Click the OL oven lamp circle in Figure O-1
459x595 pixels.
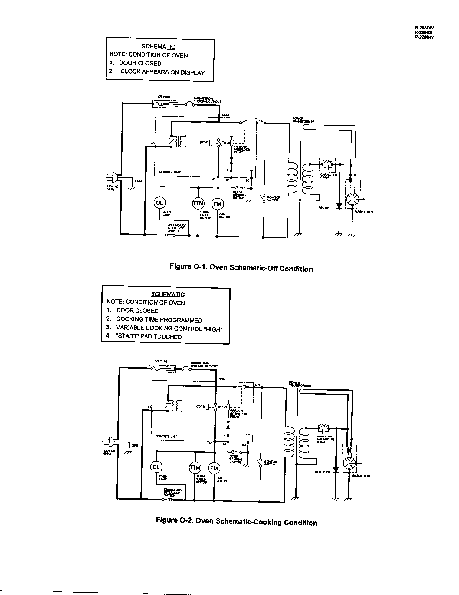point(159,203)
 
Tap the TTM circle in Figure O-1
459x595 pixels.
point(198,203)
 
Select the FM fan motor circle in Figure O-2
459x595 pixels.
point(214,468)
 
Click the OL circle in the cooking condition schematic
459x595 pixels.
point(156,467)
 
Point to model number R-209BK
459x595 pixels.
point(424,32)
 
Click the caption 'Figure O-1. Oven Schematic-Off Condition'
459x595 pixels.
point(241,267)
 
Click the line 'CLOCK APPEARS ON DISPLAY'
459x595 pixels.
point(162,72)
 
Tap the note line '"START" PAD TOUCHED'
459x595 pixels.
point(149,336)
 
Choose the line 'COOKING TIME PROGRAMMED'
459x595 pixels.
point(159,320)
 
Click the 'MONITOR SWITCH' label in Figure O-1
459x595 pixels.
point(273,199)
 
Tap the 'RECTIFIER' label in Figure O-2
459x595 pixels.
point(322,472)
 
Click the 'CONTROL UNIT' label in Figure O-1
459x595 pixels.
point(169,172)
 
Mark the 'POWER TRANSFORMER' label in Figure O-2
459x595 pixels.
point(300,384)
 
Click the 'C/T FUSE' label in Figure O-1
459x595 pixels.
point(164,97)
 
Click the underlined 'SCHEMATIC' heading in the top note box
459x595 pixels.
point(158,47)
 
